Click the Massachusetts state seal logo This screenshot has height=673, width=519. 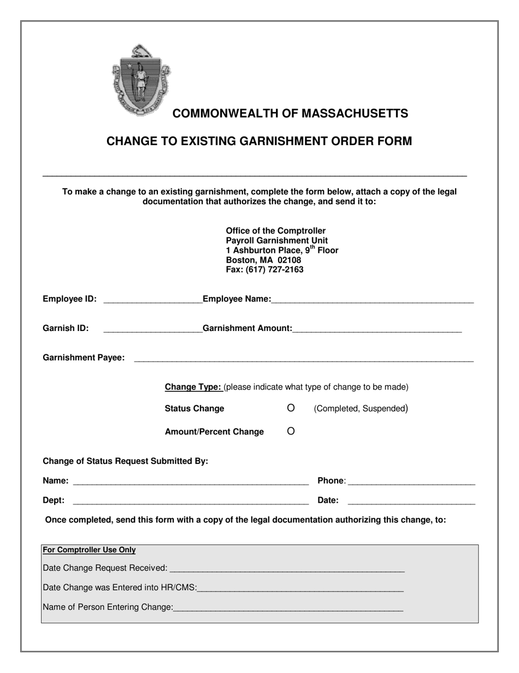(141, 79)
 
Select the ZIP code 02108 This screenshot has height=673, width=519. (290, 260)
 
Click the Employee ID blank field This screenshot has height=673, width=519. (152, 299)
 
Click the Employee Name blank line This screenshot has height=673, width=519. (372, 299)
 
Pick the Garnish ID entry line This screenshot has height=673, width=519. (152, 329)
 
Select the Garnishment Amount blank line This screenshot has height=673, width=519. (377, 329)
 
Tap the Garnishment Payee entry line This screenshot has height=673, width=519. (303, 358)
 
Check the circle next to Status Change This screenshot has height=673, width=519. (291, 408)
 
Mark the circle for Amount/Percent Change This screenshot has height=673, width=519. (291, 431)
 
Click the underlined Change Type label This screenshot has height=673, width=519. (193, 387)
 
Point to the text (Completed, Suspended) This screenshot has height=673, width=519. (361, 409)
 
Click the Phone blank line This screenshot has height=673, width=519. (411, 481)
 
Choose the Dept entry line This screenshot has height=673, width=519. (190, 501)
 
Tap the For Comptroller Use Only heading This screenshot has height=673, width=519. (89, 550)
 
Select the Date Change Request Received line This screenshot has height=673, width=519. (287, 569)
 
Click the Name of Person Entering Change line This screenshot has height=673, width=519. (288, 607)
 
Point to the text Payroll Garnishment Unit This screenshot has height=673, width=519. (277, 241)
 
